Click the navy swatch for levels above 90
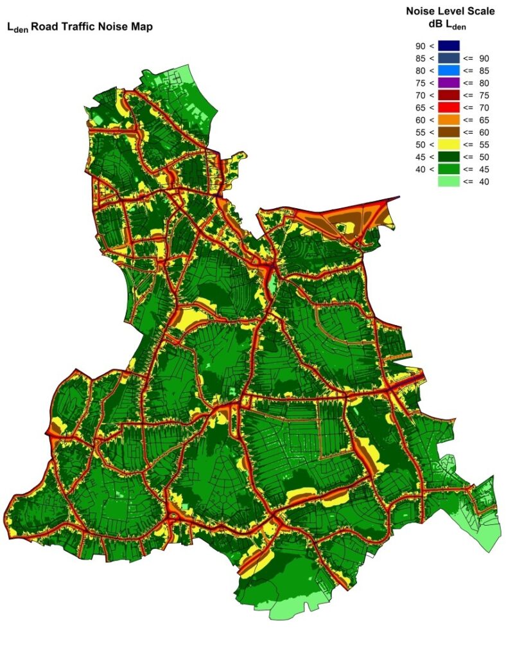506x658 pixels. [449, 45]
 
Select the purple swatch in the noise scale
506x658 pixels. [449, 82]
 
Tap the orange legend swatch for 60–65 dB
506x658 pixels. [449, 120]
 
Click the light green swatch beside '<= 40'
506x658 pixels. [449, 182]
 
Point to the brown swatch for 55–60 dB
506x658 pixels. [449, 132]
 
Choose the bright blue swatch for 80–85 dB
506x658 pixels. [449, 70]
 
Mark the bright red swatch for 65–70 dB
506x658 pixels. [449, 107]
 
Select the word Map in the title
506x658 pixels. [143, 27]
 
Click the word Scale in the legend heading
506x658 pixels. [480, 11]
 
